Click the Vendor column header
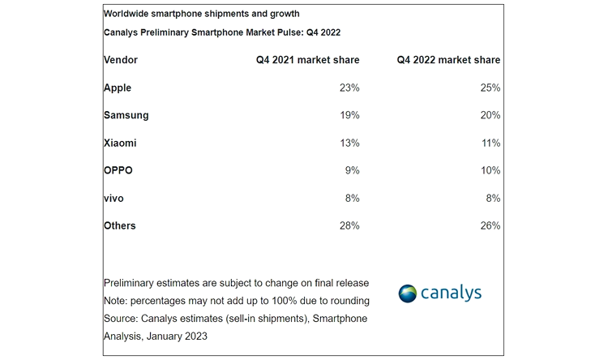121,60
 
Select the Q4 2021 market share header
302,60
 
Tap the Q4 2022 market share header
448,60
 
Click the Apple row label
118,88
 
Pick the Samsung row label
126,115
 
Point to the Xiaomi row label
120,143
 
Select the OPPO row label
118,170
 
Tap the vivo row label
114,198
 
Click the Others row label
120,225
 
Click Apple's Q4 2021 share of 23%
349,88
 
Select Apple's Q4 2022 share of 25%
490,88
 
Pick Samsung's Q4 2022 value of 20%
490,115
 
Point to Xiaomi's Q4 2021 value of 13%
349,143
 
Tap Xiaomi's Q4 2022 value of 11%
490,143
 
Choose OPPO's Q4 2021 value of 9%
352,170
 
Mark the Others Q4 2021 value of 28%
349,225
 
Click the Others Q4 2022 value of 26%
490,225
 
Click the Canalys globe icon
408,294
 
